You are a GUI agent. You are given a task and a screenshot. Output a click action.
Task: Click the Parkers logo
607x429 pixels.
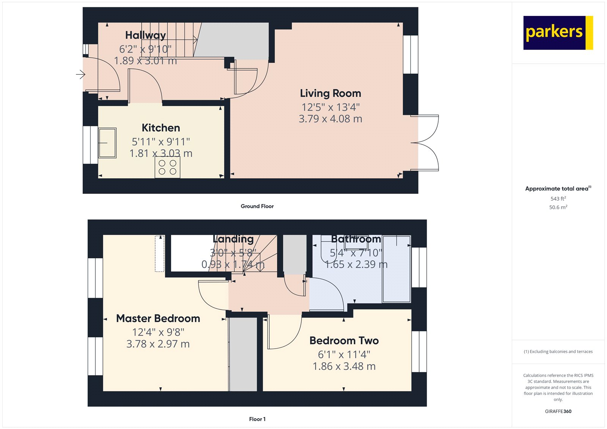coord(557,33)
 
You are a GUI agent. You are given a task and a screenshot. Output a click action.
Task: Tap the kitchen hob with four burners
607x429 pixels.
coord(167,167)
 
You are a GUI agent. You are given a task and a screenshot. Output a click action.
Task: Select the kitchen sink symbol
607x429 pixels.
coord(107,143)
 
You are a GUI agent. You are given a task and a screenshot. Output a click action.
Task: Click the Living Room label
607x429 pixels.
coord(330,93)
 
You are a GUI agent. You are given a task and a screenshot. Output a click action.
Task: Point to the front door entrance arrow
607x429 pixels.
coord(80,74)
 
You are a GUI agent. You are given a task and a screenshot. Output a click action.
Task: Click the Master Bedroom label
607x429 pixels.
coord(158,318)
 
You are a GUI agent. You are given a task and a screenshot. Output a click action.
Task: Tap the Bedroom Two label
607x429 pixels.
coord(344,341)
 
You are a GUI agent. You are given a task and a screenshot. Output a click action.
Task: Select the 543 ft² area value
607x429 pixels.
coord(558,199)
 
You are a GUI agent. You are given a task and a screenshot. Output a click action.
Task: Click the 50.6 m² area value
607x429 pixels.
coord(558,207)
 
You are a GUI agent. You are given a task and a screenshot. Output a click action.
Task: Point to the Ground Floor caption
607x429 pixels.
coord(257,206)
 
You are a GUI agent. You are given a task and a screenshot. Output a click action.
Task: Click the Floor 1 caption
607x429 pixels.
coord(257,419)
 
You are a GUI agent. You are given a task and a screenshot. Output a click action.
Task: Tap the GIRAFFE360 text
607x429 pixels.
coord(558,411)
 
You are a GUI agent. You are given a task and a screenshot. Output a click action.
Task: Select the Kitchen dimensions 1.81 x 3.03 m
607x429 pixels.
coord(161,153)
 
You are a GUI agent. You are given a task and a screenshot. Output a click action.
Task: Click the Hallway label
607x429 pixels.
coord(145,35)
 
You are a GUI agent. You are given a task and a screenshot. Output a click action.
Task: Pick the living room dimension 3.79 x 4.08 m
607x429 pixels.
coord(330,119)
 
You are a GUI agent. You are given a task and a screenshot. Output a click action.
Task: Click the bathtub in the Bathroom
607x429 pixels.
coord(396,269)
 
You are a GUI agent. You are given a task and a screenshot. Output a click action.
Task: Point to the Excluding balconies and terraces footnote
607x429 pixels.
coord(558,352)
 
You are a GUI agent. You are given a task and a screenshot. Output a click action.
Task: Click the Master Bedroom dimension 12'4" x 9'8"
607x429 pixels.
coord(158,332)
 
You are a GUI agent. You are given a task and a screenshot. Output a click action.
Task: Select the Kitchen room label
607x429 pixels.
coord(161,128)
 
